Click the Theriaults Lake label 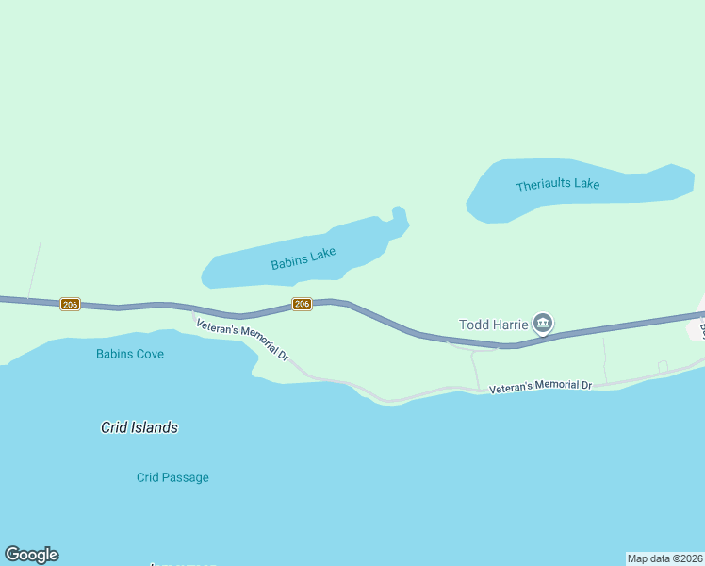557,185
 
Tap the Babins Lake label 303,258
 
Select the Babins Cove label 130,354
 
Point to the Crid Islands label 139,427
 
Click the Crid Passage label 172,477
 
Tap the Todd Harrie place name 493,325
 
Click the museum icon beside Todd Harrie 542,324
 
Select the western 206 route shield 70,304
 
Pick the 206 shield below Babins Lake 302,304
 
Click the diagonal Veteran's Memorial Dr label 242,341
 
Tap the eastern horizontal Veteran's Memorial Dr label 540,386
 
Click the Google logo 31,555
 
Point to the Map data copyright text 664,558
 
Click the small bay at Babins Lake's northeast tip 399,217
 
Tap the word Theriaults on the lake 544,186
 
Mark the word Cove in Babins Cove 148,354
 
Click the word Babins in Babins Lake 288,262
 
